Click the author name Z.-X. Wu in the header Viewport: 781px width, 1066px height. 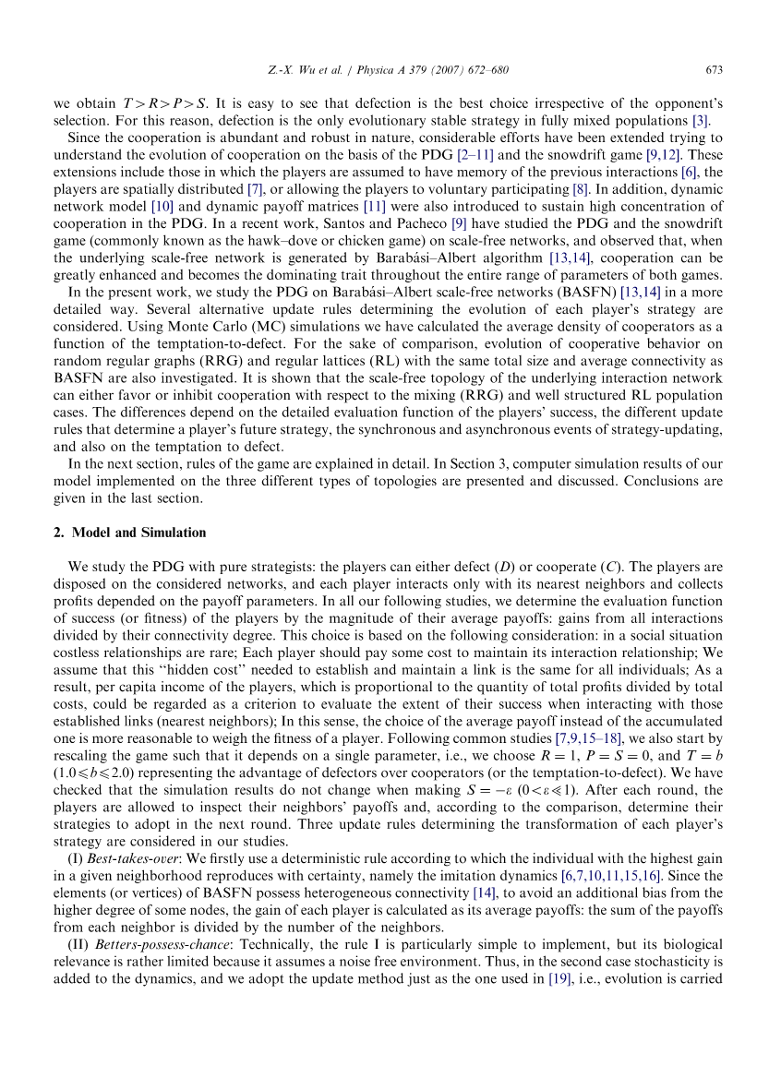point(284,70)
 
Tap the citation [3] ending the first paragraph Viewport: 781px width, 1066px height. point(701,121)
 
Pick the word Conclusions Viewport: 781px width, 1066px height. point(664,481)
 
